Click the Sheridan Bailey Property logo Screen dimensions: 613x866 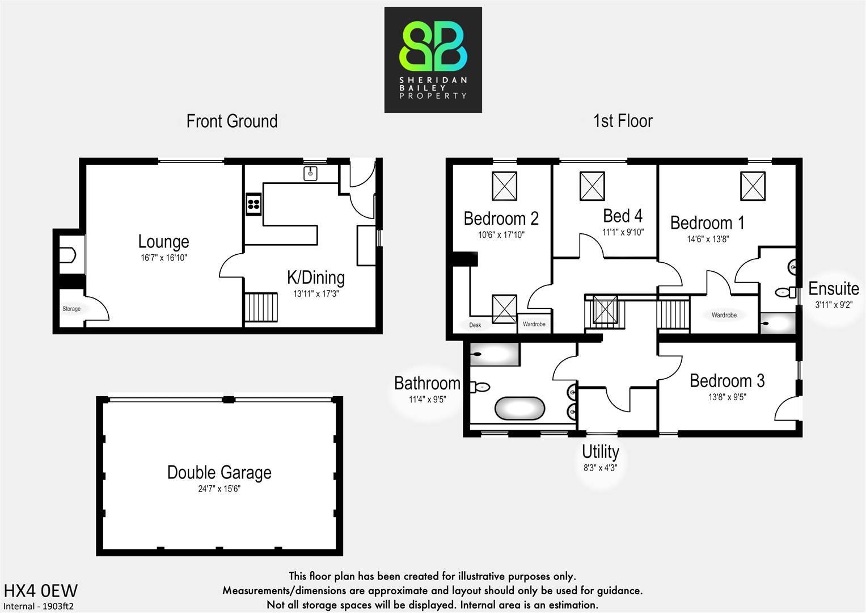pyautogui.click(x=433, y=60)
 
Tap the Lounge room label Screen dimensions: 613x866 pyautogui.click(x=163, y=242)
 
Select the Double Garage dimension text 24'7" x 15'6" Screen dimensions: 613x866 pyautogui.click(x=219, y=489)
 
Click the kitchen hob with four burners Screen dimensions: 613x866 pyautogui.click(x=254, y=204)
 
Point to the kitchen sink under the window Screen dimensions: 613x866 pyautogui.click(x=311, y=173)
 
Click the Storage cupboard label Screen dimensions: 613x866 pyautogui.click(x=71, y=309)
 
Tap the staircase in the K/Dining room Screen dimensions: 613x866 pyautogui.click(x=261, y=307)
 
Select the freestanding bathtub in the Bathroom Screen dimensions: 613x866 pyautogui.click(x=519, y=408)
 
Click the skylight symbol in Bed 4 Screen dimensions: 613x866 pyautogui.click(x=592, y=186)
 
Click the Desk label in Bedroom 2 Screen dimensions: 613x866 pyautogui.click(x=475, y=325)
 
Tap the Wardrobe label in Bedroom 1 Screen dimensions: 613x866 pyautogui.click(x=724, y=315)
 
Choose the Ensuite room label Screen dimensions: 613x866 pyautogui.click(x=833, y=289)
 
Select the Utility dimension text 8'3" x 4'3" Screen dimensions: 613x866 pyautogui.click(x=600, y=468)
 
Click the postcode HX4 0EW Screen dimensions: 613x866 pyautogui.click(x=40, y=591)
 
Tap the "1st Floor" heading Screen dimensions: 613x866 pyautogui.click(x=623, y=121)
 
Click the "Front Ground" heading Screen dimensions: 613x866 pyautogui.click(x=232, y=121)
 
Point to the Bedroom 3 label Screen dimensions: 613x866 pyautogui.click(x=726, y=381)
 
